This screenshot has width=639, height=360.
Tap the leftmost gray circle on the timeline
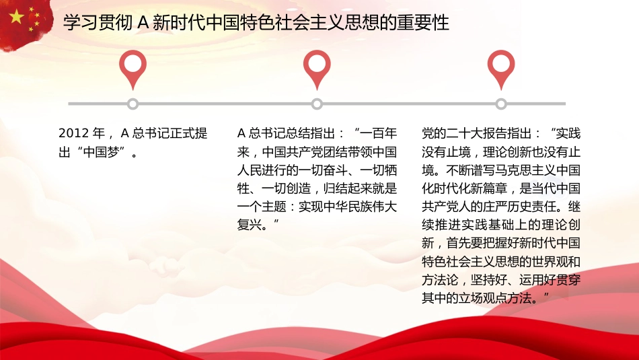[x=133, y=104]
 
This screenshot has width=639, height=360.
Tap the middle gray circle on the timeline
[x=317, y=104]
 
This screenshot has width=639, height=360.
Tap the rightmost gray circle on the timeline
[x=501, y=104]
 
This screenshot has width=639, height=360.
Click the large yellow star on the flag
[x=17, y=16]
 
